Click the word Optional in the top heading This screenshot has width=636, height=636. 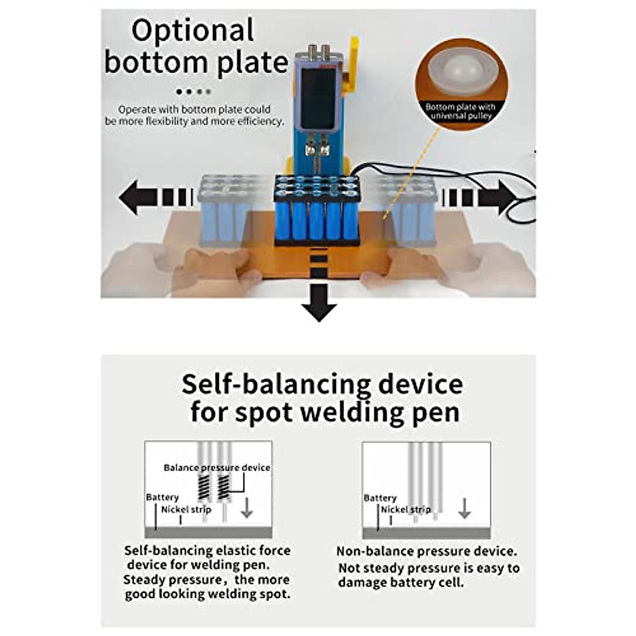coord(193,31)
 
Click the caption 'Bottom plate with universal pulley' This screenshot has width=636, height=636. coord(461,111)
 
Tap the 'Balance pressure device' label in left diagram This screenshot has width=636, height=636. coord(217,467)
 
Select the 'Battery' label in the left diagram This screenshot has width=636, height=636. coord(162,497)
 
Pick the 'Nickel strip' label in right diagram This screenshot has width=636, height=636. coord(405,509)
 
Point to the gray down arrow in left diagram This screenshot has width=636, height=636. coord(246,507)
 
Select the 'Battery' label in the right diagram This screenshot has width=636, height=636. coord(380,498)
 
